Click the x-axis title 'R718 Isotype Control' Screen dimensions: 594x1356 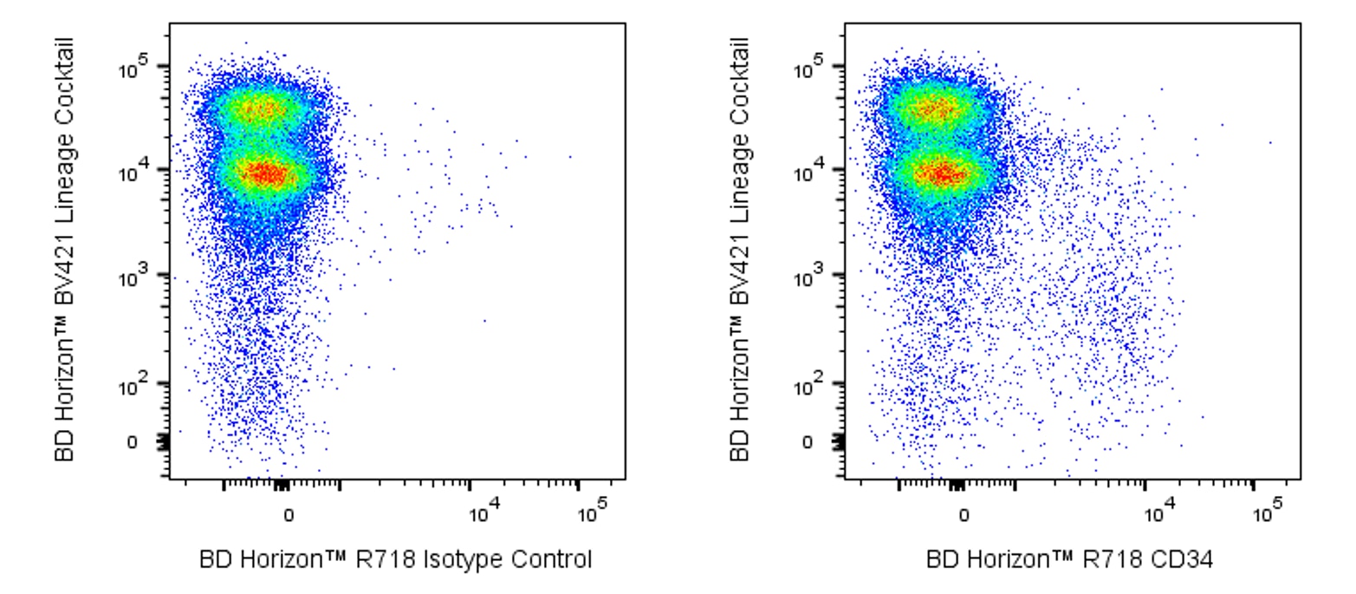tap(396, 559)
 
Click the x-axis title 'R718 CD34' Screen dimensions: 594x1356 tap(1070, 559)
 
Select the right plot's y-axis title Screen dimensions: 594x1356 tap(742, 250)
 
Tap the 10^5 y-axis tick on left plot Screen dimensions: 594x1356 tap(133, 68)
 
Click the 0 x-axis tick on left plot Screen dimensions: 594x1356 tap(289, 515)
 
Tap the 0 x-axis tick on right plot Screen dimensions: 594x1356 tap(963, 515)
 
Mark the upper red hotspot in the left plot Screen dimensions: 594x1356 tap(262, 110)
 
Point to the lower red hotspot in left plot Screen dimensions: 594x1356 tap(267, 174)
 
